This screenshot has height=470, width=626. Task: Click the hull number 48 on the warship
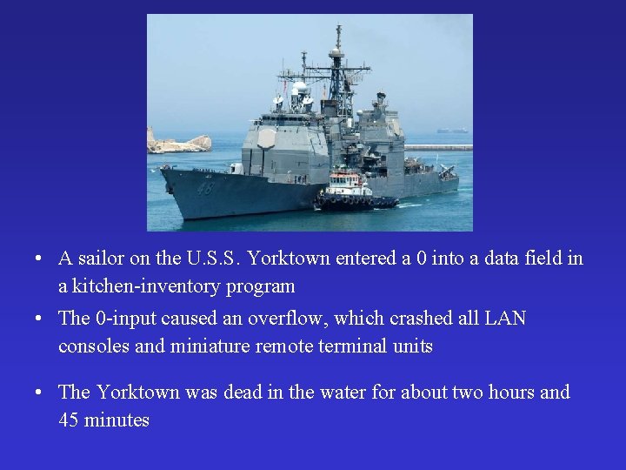[203, 186]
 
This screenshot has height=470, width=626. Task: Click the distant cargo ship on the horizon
[452, 131]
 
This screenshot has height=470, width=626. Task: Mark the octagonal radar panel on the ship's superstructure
[267, 138]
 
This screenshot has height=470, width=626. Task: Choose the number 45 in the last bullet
[69, 420]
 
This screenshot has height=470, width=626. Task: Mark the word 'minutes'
[117, 420]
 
